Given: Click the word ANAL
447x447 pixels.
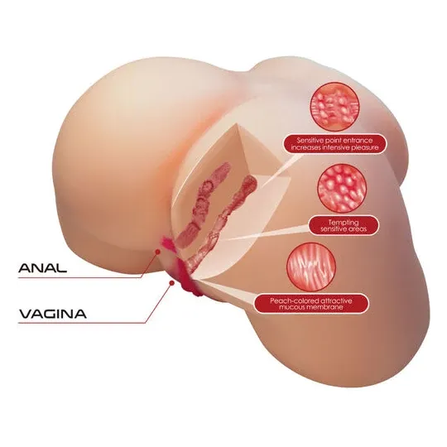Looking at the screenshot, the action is pyautogui.click(x=42, y=267).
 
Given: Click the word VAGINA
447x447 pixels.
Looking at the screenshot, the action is pyautogui.click(x=53, y=314).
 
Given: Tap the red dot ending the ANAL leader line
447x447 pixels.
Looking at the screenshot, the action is pyautogui.click(x=157, y=252).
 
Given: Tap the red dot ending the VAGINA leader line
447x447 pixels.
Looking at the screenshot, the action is pyautogui.click(x=171, y=282).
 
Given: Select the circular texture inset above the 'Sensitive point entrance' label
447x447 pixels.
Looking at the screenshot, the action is pyautogui.click(x=334, y=107).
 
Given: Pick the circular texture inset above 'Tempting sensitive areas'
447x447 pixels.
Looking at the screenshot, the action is pyautogui.click(x=342, y=189).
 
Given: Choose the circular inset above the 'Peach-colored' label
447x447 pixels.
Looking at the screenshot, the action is pyautogui.click(x=311, y=267).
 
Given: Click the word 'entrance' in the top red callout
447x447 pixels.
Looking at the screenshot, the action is pyautogui.click(x=358, y=141).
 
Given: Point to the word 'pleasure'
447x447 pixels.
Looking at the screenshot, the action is pyautogui.click(x=364, y=147).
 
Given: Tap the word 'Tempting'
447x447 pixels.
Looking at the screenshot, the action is pyautogui.click(x=344, y=223).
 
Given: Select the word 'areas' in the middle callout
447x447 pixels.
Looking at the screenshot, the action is pyautogui.click(x=358, y=229).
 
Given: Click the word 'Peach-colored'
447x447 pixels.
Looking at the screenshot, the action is pyautogui.click(x=294, y=300).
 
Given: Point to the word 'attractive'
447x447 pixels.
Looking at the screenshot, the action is pyautogui.click(x=336, y=300).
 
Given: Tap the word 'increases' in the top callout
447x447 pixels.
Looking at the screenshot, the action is pyautogui.click(x=305, y=147).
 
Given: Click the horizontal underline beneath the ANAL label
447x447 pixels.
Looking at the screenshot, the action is pyautogui.click(x=79, y=277).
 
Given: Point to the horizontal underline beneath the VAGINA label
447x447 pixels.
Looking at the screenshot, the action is pyautogui.click(x=82, y=323).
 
